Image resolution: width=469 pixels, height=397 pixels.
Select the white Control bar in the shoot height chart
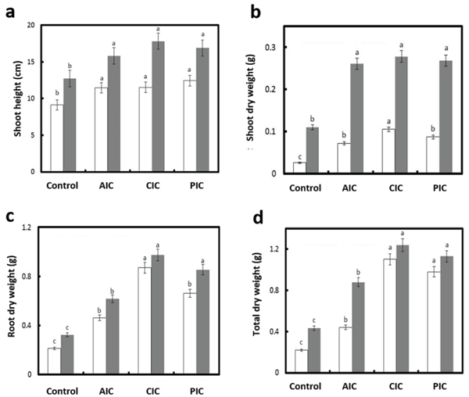(56, 138)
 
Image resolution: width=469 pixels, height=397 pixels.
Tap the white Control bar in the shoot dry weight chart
(298, 168)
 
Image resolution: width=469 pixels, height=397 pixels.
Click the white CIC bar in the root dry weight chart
(144, 321)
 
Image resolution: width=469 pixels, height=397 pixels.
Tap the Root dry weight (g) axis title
(13, 300)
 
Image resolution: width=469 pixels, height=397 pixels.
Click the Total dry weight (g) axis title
(256, 302)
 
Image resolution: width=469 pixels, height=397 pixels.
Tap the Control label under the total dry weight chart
(307, 388)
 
